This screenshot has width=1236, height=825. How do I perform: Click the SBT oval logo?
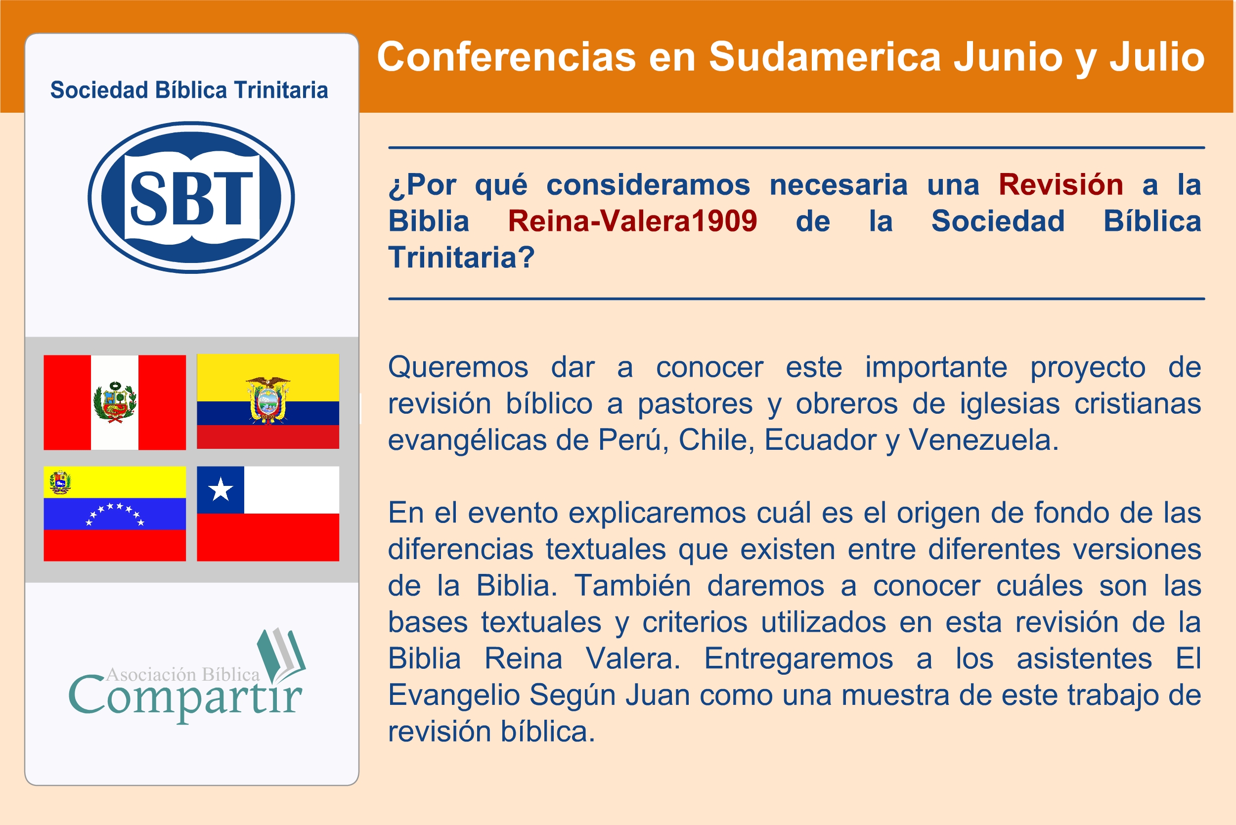coord(191,197)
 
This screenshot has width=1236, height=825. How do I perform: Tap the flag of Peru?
coord(115,402)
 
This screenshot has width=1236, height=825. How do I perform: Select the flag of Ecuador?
coord(268,401)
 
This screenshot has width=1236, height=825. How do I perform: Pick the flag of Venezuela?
coord(115,514)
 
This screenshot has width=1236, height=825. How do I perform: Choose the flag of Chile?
coord(268,514)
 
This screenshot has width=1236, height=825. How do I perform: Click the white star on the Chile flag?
coord(221,489)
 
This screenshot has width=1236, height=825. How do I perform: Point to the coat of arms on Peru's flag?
coord(115,402)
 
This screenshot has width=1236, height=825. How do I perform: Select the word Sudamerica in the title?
coord(825,57)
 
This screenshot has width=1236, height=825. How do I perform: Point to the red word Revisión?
coord(1061,185)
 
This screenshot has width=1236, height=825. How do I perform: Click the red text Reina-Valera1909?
coord(632,221)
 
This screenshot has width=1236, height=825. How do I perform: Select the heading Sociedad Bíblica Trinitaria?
coord(189,90)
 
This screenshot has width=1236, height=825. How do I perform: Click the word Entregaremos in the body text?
coord(798,658)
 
